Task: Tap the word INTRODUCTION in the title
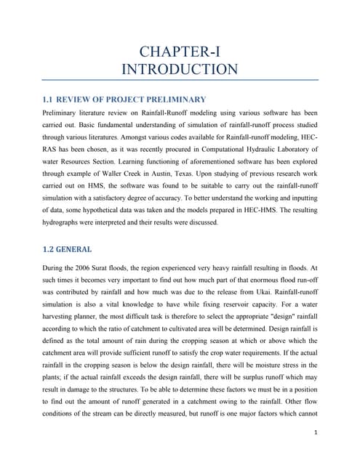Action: [180, 70]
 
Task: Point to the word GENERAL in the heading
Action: [79, 249]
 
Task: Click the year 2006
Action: [103, 267]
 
